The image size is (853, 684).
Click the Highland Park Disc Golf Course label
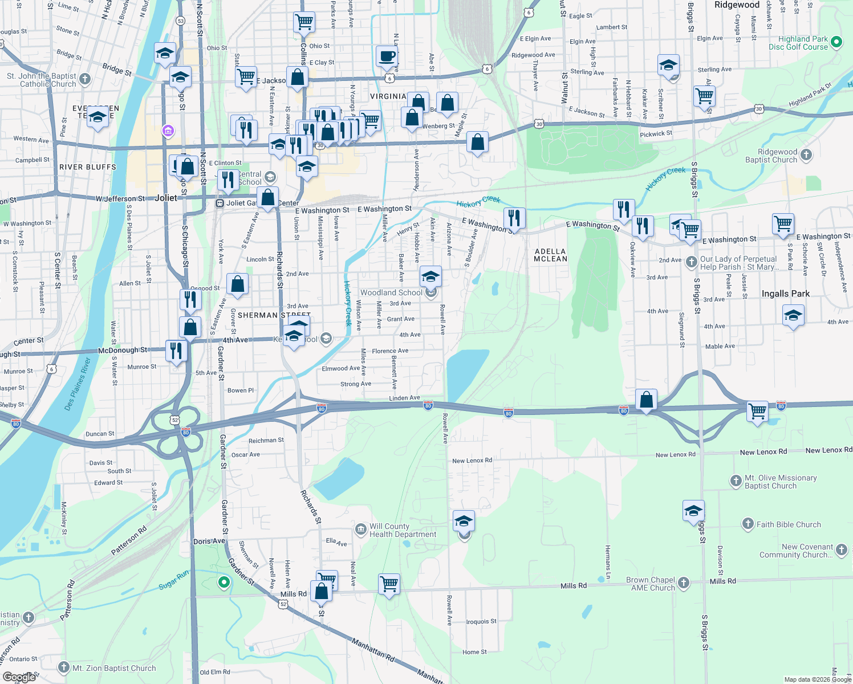[798, 43]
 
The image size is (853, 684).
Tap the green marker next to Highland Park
[836, 42]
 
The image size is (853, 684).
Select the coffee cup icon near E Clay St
[387, 56]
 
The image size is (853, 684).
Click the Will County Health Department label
[403, 530]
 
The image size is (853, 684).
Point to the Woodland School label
[391, 292]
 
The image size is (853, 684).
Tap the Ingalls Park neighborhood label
[785, 294]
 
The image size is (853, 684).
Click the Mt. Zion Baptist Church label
[114, 668]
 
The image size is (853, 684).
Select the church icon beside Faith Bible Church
[748, 524]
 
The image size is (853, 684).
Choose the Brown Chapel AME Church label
[650, 584]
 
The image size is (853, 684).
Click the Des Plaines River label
[78, 384]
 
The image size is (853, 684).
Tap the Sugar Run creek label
[173, 580]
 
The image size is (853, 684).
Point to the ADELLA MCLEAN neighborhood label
[550, 255]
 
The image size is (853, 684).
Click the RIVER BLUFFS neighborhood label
[88, 167]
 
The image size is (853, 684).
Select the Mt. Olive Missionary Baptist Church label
[780, 482]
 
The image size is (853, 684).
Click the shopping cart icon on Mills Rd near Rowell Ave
[389, 584]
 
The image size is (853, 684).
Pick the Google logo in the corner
[18, 677]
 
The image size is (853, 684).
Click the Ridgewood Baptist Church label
[771, 156]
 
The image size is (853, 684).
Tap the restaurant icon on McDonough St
[176, 350]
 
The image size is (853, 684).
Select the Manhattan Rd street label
[373, 649]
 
